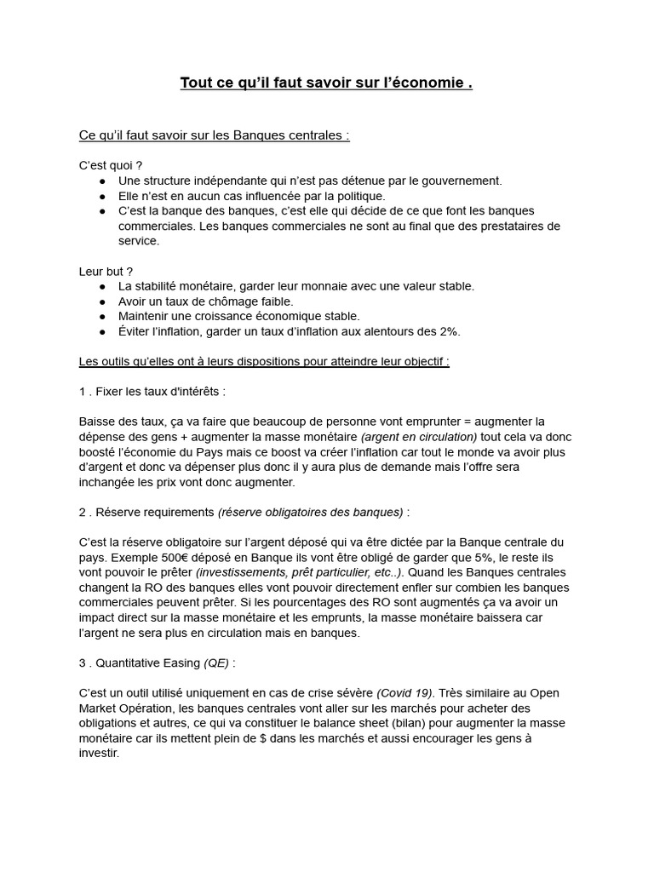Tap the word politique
click(349, 196)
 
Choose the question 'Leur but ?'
click(106, 271)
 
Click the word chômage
click(235, 301)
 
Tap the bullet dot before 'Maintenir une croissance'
click(102, 317)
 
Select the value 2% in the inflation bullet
click(448, 331)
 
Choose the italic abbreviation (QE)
click(216, 663)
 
